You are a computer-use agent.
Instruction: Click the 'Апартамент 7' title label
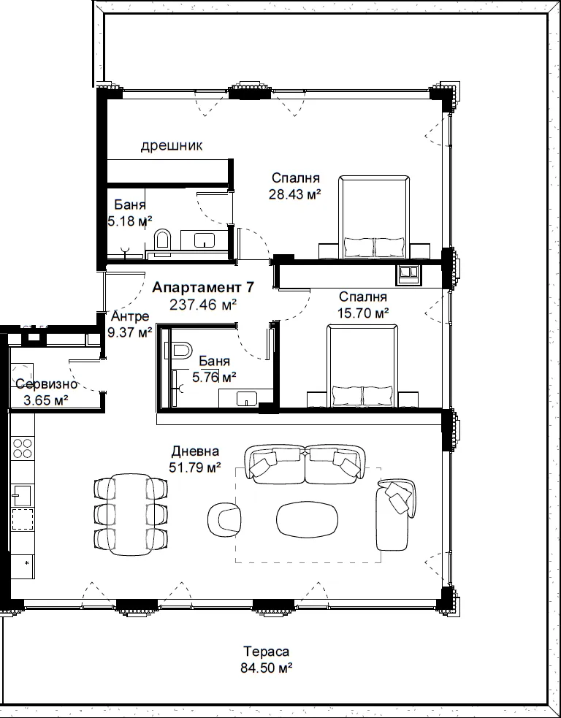[203, 288]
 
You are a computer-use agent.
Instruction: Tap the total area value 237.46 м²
[203, 305]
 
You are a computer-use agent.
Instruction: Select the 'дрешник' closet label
[171, 146]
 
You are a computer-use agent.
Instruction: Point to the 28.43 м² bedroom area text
[295, 194]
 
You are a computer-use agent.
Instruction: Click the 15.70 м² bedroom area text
[363, 313]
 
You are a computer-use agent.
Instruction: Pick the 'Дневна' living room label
[195, 451]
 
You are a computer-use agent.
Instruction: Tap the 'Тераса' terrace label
[266, 651]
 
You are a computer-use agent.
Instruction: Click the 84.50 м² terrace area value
[267, 668]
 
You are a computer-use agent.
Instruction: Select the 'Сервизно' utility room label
[46, 384]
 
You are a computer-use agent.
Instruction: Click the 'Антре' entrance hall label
[130, 316]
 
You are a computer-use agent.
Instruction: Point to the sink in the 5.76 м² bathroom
[246, 398]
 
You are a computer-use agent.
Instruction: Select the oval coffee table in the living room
[308, 520]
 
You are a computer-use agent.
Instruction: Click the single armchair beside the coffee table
[224, 519]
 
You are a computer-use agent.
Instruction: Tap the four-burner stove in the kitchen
[22, 448]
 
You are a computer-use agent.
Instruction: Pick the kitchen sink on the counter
[21, 496]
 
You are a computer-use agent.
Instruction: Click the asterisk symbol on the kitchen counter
[27, 562]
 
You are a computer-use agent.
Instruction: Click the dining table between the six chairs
[131, 513]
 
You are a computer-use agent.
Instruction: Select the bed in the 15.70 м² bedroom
[362, 365]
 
